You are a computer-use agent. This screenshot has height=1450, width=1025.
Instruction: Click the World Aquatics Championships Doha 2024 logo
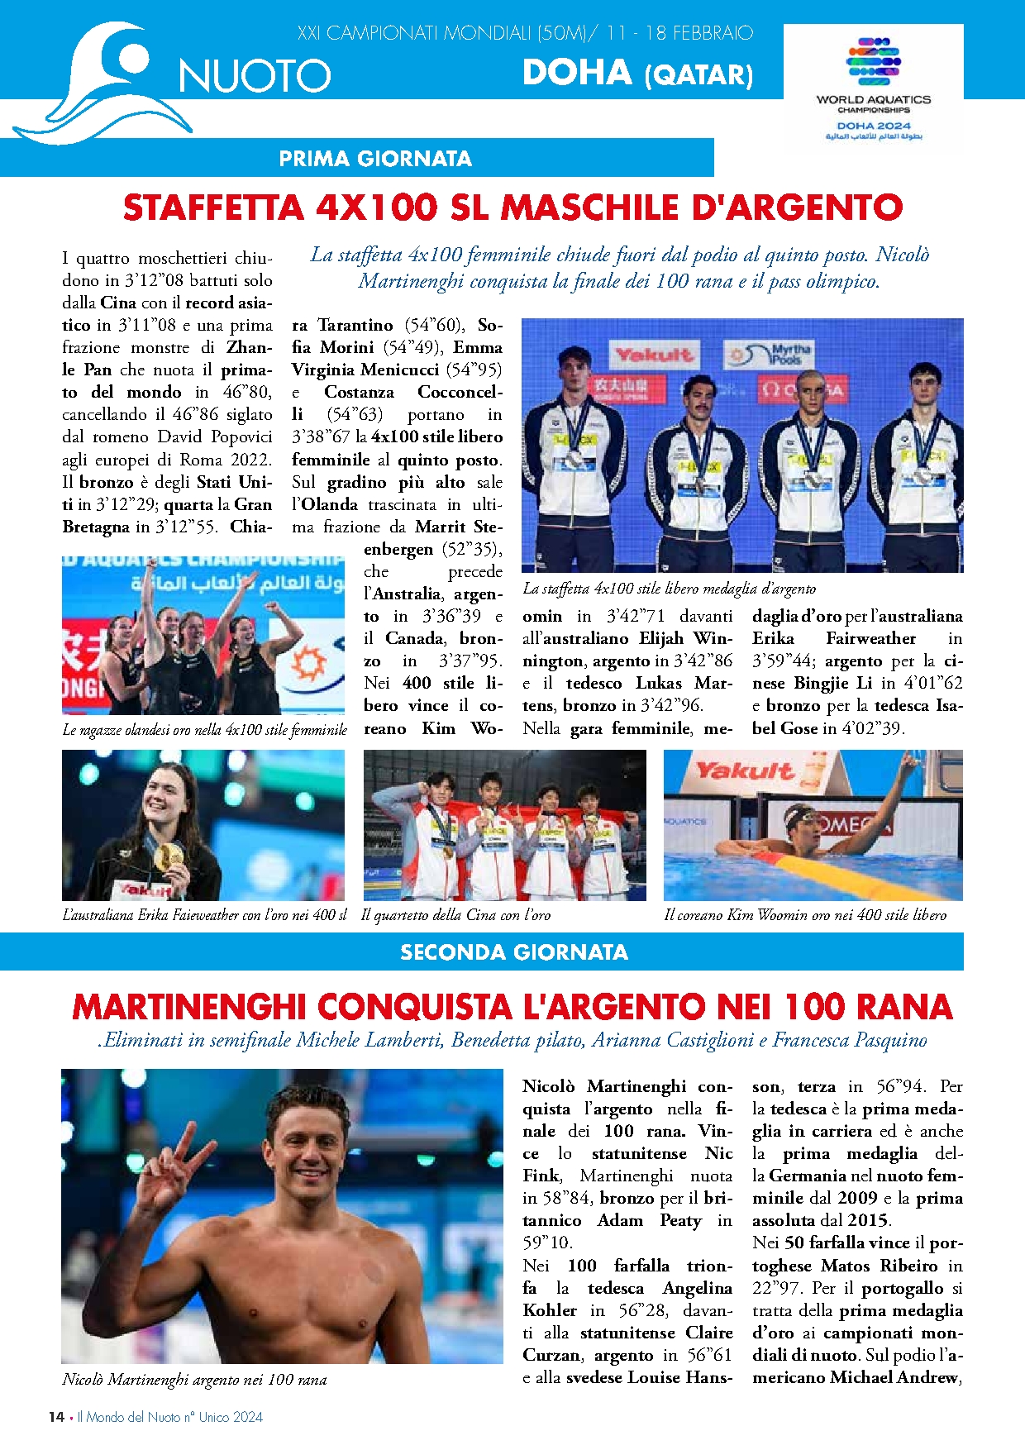873,88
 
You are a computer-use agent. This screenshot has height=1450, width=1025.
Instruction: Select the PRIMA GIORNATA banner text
375,159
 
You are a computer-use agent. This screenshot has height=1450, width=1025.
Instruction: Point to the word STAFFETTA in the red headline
212,207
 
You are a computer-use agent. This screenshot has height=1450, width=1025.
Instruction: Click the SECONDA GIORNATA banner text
513,952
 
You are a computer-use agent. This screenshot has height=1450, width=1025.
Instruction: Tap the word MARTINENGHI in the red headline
189,1007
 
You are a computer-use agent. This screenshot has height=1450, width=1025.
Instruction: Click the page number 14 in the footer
56,1417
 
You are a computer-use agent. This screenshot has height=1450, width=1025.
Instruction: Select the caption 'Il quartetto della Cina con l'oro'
455,915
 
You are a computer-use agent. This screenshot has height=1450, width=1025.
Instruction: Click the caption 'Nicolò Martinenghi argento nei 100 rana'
194,1379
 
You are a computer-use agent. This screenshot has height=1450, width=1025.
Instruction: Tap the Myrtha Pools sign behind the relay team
769,355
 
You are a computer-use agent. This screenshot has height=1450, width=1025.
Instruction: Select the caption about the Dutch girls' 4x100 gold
204,729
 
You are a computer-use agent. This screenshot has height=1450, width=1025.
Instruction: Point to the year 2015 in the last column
867,1220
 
